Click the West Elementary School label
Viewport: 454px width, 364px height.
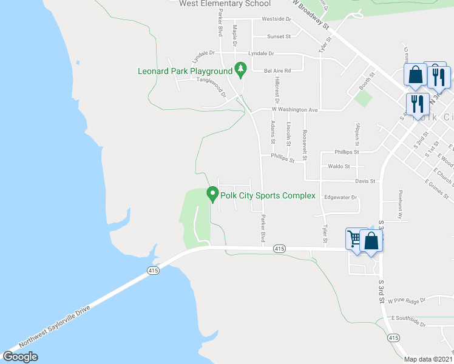click(x=225, y=4)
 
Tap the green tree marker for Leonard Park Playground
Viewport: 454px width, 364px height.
click(x=241, y=70)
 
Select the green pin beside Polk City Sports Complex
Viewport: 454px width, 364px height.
click(x=212, y=195)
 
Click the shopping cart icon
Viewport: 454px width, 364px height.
click(x=354, y=238)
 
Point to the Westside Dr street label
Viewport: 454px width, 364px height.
click(x=276, y=19)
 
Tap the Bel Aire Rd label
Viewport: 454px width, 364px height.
click(x=277, y=71)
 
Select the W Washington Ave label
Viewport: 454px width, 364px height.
click(x=297, y=110)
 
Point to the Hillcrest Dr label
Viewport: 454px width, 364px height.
click(x=276, y=89)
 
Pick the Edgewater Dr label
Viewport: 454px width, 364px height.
click(x=340, y=197)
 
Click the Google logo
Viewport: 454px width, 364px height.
click(x=20, y=357)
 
